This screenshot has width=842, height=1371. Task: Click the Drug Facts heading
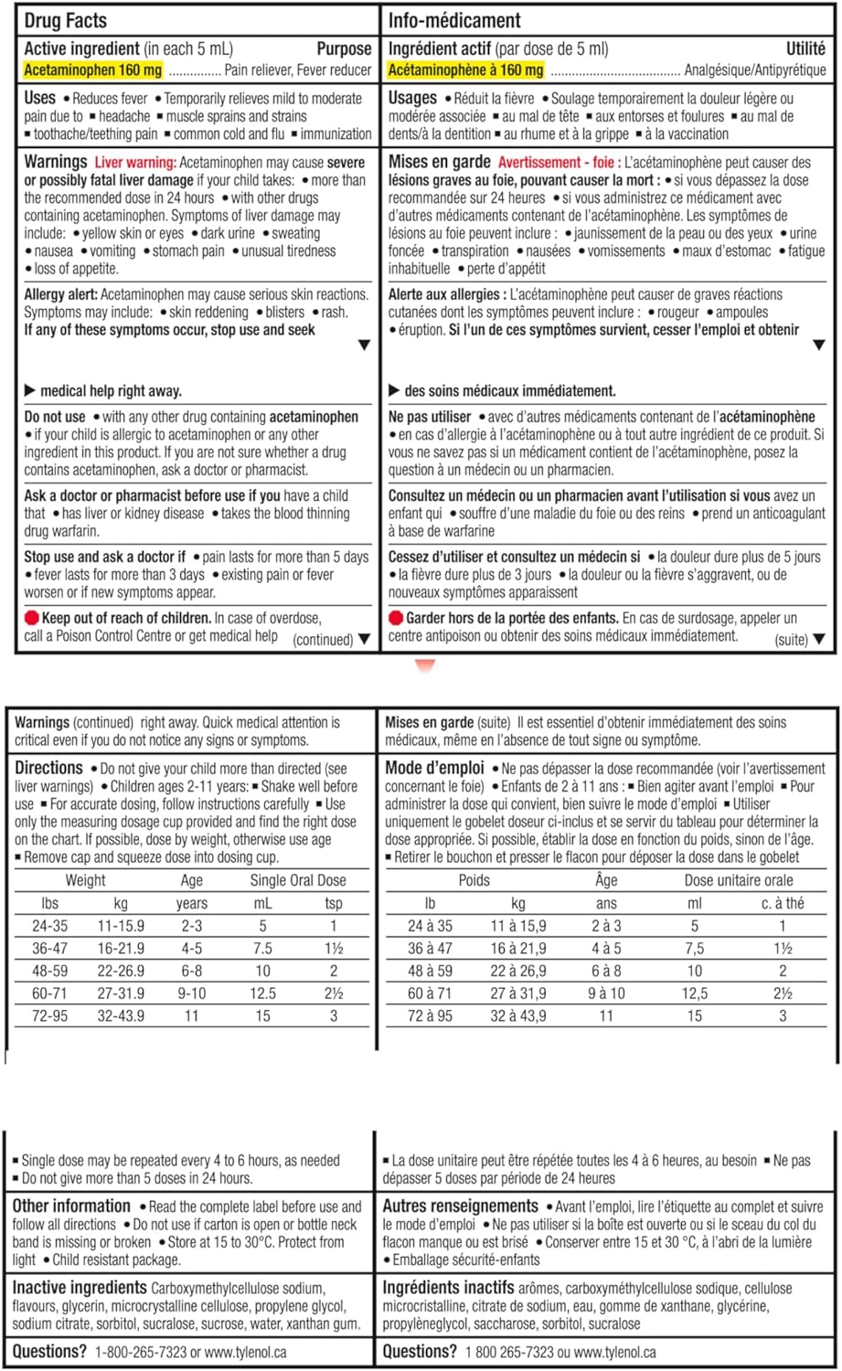(x=65, y=20)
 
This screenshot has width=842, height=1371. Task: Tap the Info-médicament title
(x=454, y=20)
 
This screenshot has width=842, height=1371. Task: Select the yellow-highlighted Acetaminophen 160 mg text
(x=92, y=70)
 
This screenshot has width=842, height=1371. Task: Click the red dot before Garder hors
(x=396, y=619)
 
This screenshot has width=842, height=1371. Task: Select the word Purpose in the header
(x=344, y=49)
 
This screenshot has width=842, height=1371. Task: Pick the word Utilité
(x=805, y=49)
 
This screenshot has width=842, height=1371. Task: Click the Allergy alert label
(x=60, y=295)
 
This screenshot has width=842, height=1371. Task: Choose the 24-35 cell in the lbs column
(x=49, y=926)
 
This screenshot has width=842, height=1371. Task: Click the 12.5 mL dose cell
(x=262, y=994)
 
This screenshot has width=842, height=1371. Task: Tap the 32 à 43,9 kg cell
(x=518, y=1016)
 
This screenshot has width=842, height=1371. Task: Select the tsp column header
(x=334, y=904)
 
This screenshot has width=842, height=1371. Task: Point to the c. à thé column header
(x=783, y=904)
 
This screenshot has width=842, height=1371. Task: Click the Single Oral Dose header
(x=298, y=881)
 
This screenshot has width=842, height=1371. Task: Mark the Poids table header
(x=474, y=881)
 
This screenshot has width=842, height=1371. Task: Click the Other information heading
(x=71, y=1206)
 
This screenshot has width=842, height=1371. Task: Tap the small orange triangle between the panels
(x=425, y=666)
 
